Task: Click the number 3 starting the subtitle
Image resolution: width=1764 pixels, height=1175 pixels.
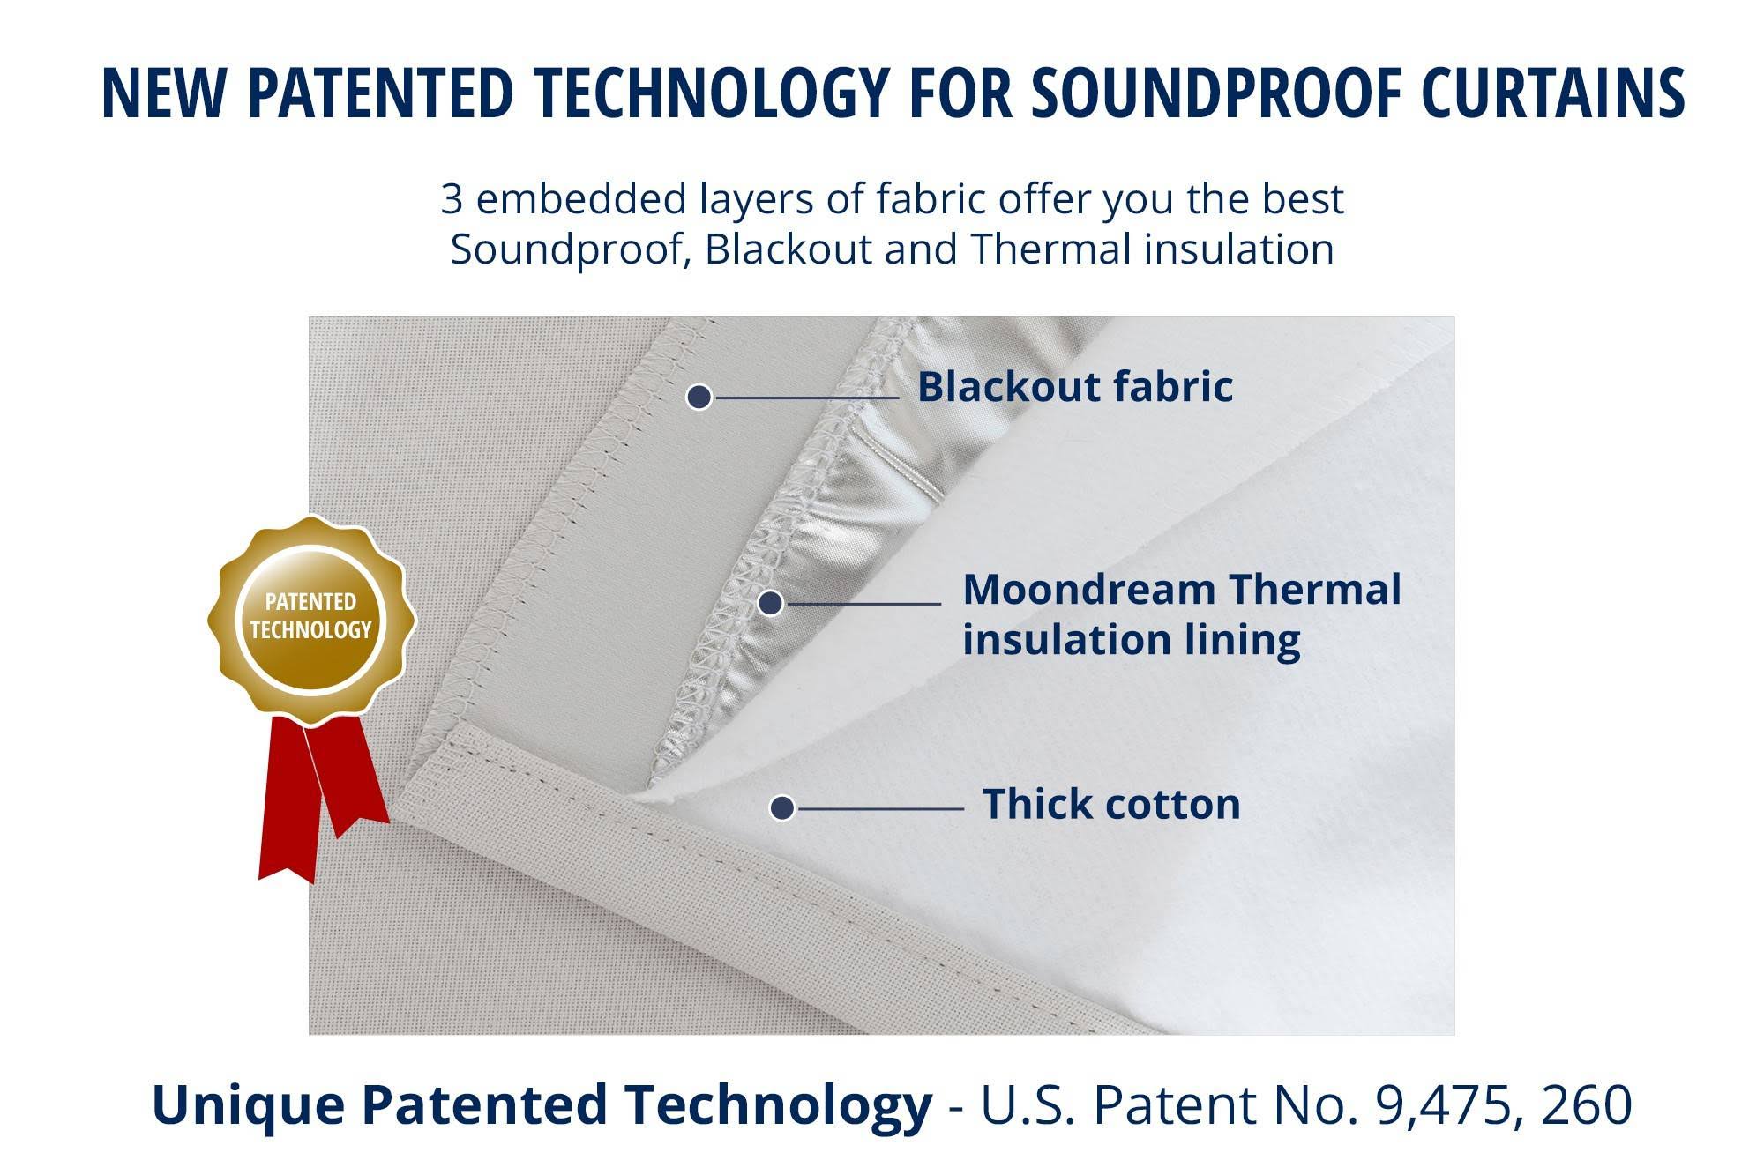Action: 452,200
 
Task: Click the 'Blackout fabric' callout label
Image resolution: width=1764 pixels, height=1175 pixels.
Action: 1075,387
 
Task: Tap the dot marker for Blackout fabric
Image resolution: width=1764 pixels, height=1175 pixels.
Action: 699,397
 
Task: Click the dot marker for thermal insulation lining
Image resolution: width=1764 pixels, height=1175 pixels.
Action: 771,603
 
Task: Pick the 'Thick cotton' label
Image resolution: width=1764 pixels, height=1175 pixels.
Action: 1111,804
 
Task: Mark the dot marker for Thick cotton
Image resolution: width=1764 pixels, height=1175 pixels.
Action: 781,807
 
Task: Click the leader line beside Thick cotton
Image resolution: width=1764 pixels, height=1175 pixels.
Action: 879,807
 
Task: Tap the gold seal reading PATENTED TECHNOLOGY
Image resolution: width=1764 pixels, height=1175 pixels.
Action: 311,616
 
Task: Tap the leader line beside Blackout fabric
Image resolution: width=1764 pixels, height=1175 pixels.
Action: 807,398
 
